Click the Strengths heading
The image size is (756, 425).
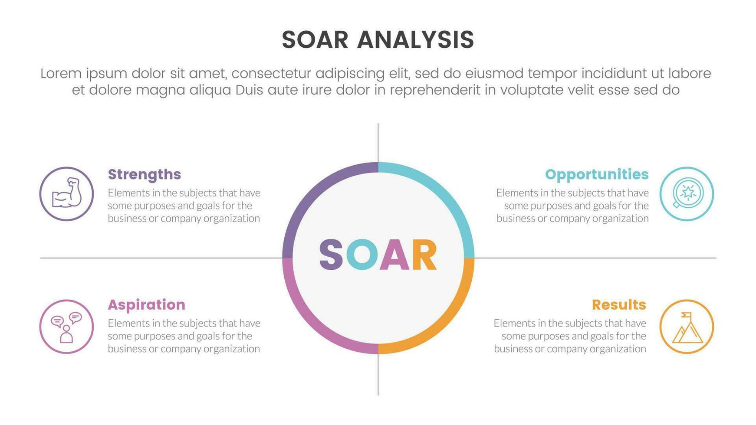point(144,174)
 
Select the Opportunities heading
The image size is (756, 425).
point(597,174)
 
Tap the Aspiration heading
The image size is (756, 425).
point(146,305)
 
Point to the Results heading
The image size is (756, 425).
point(619,305)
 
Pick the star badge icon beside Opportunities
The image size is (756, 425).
point(687,193)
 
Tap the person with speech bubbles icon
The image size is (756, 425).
point(66,327)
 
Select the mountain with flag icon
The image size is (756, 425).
point(687,327)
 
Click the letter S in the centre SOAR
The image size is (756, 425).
point(331,255)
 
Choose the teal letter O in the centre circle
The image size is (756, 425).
point(362,255)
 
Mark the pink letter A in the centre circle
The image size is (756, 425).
point(394,255)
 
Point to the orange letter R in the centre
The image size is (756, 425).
point(424,255)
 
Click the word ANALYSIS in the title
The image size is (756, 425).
point(415,40)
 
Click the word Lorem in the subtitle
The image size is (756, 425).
point(61,73)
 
